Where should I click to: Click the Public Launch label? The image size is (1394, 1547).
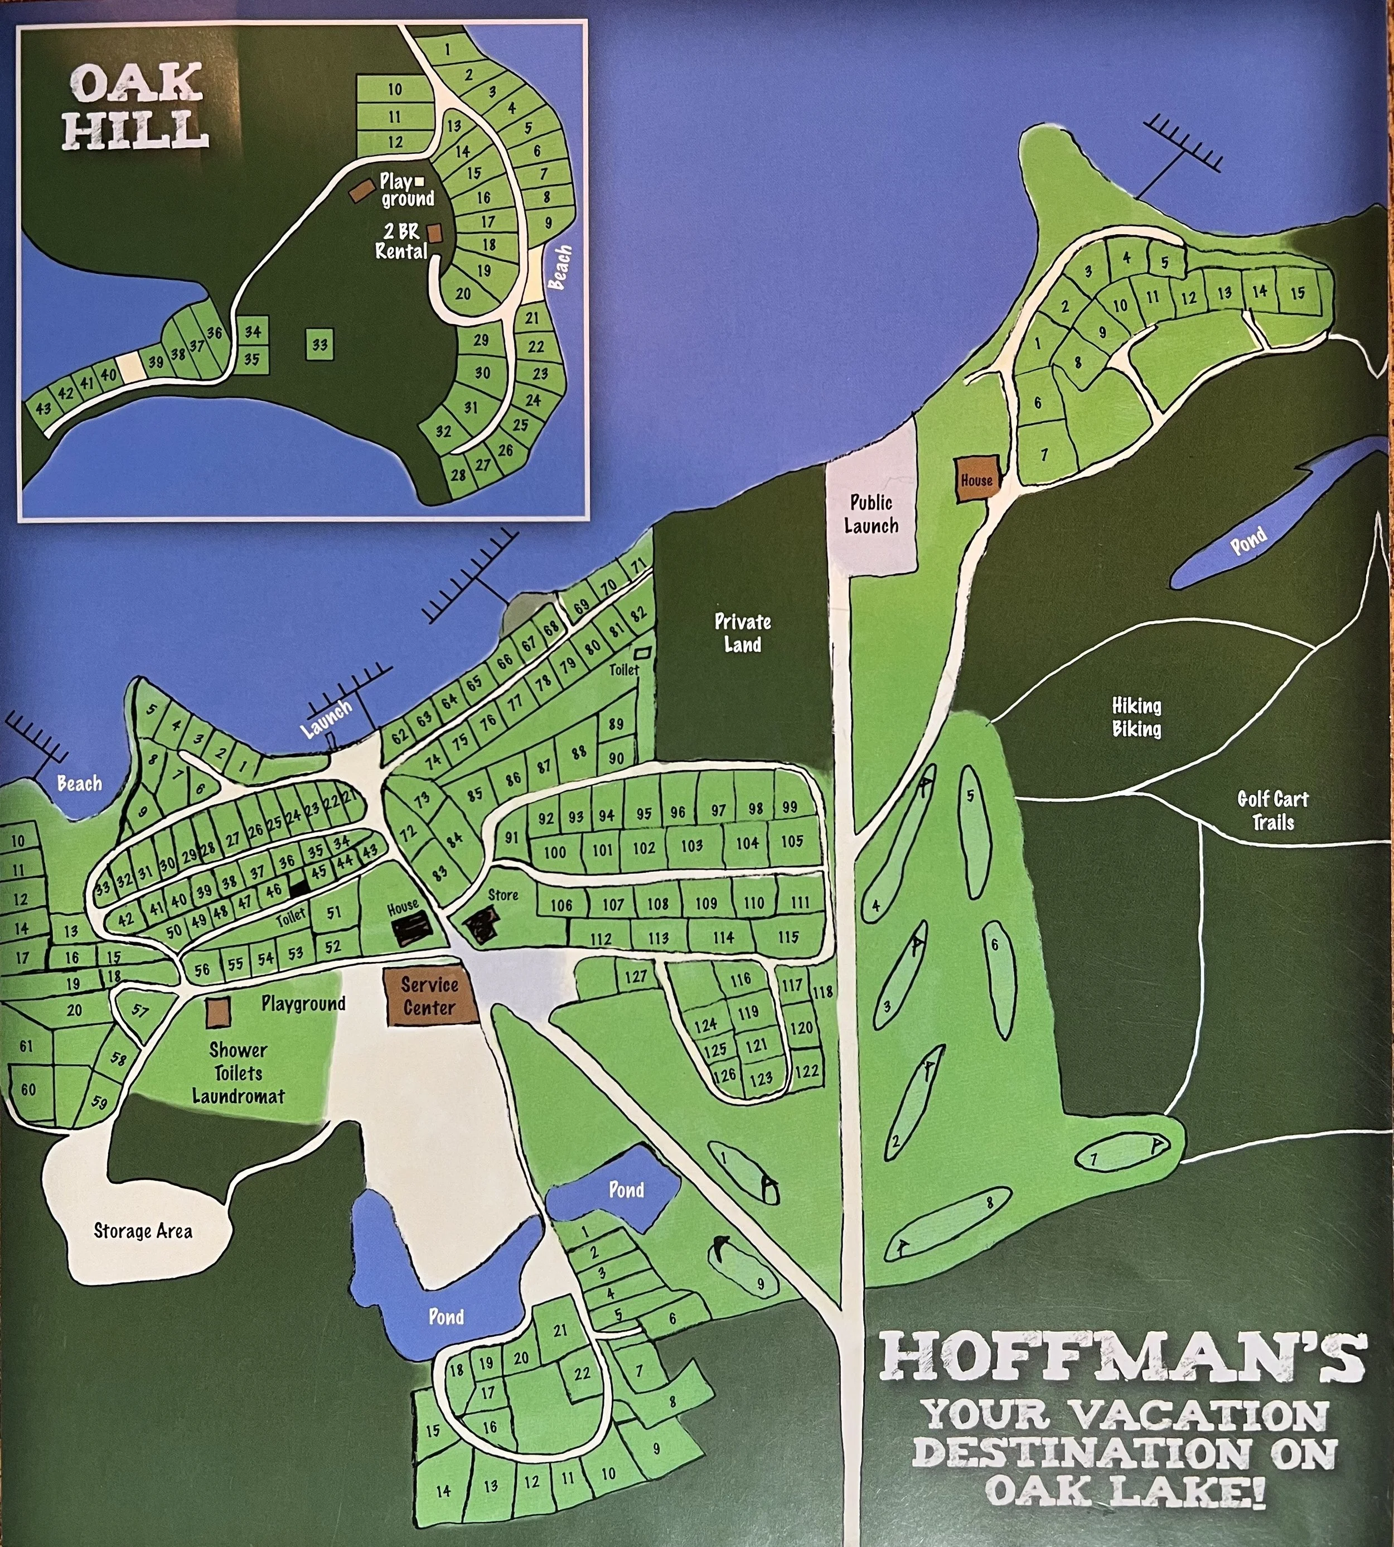[871, 514]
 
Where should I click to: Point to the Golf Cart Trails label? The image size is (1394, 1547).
[1273, 810]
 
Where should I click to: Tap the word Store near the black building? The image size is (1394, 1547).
[503, 895]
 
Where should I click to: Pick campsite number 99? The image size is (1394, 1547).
[790, 807]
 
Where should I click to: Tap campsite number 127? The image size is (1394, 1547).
[636, 976]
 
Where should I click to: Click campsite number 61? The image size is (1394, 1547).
[26, 1046]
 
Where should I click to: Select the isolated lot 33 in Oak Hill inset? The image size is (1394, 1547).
[320, 345]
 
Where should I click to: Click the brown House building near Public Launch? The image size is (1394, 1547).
[976, 480]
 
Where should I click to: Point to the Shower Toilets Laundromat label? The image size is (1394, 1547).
[238, 1073]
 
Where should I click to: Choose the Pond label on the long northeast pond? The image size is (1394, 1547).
[1248, 541]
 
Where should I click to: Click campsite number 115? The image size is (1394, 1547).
[788, 937]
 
